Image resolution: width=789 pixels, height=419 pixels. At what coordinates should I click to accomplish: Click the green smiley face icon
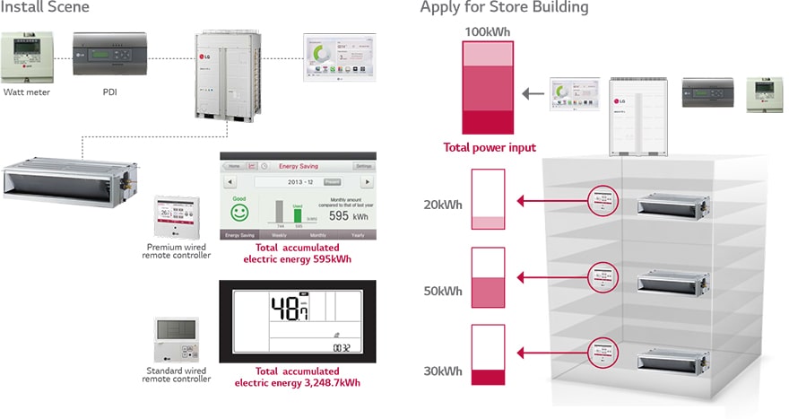[238, 213]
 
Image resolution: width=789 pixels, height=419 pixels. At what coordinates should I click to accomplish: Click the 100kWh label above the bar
[487, 32]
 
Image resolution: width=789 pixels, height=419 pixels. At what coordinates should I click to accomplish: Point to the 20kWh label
[443, 205]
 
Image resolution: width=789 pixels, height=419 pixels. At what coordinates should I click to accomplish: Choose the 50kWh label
[443, 291]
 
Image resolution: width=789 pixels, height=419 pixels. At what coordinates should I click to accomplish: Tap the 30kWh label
[443, 371]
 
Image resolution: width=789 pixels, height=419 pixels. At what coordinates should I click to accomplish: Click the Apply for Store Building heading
[504, 8]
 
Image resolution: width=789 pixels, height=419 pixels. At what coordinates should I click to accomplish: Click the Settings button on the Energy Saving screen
[363, 166]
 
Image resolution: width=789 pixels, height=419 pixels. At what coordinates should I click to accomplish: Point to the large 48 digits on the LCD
[287, 310]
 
